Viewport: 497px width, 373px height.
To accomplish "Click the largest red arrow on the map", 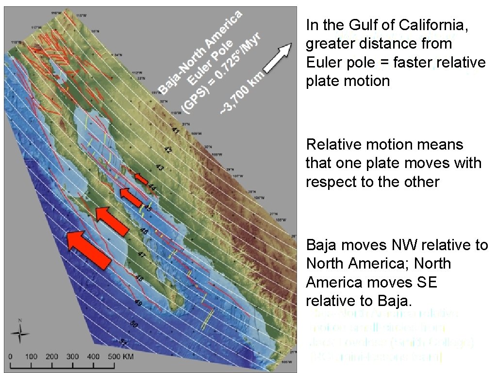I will pos(89,248).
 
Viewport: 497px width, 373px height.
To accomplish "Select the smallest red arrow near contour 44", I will pos(141,179).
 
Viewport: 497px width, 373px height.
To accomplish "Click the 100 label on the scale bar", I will pos(31,356).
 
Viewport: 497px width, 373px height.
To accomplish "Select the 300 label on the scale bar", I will pos(73,356).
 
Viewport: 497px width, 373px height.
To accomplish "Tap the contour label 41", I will pos(176,131).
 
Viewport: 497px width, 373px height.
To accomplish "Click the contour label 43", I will pos(160,168).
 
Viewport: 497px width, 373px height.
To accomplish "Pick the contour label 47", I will pos(141,254).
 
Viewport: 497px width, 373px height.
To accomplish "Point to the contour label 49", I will pos(138,304).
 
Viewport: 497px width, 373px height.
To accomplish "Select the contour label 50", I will pos(134,324).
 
